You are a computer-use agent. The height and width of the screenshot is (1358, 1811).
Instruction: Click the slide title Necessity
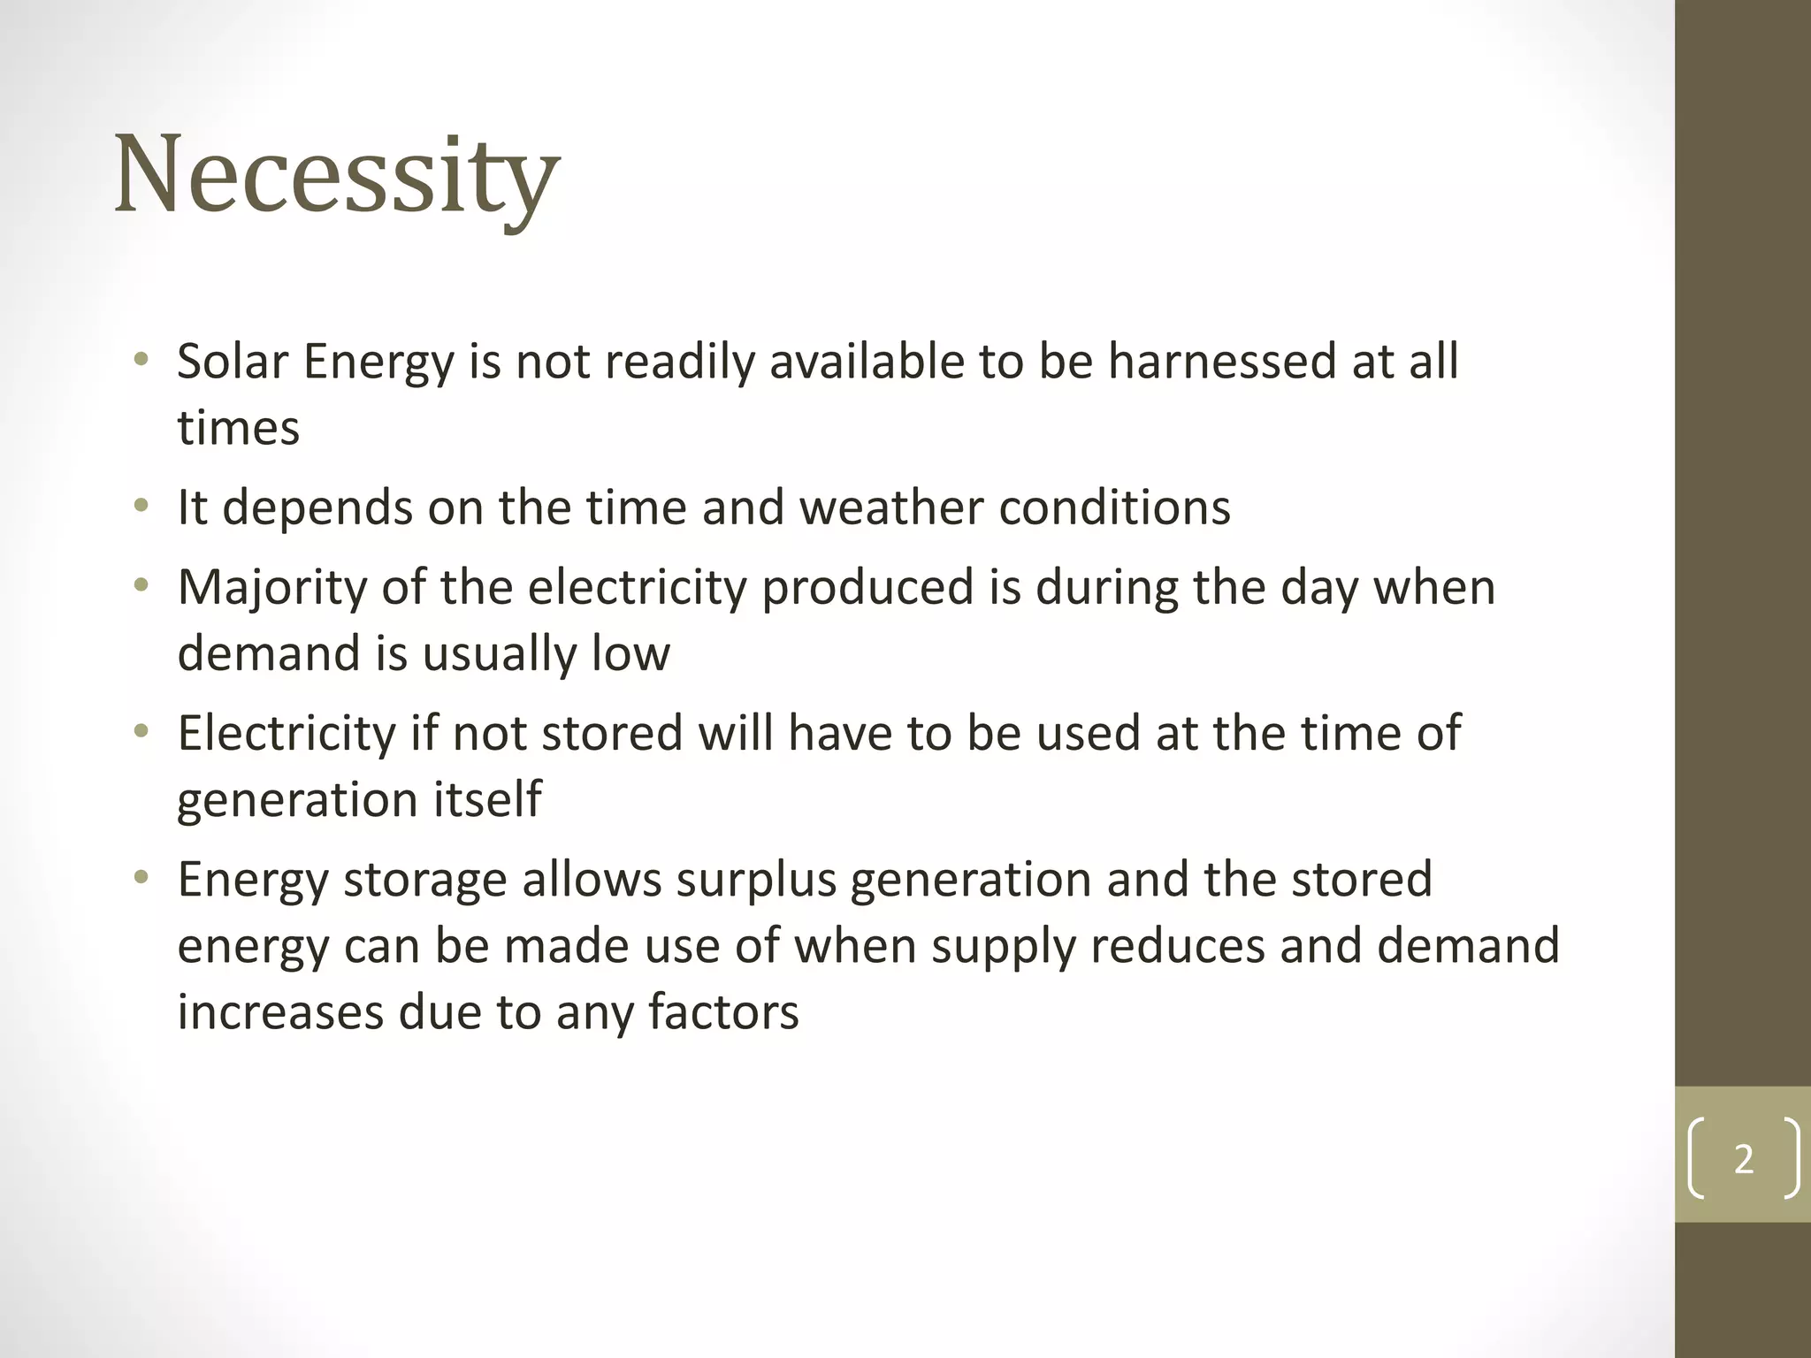(x=337, y=174)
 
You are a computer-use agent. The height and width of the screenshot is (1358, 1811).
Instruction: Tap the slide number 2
(x=1743, y=1159)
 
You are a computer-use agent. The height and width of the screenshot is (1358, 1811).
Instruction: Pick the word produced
(x=867, y=588)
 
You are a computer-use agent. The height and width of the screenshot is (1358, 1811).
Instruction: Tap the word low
(x=630, y=653)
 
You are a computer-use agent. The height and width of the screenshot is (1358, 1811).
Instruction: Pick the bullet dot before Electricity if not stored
(x=141, y=732)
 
